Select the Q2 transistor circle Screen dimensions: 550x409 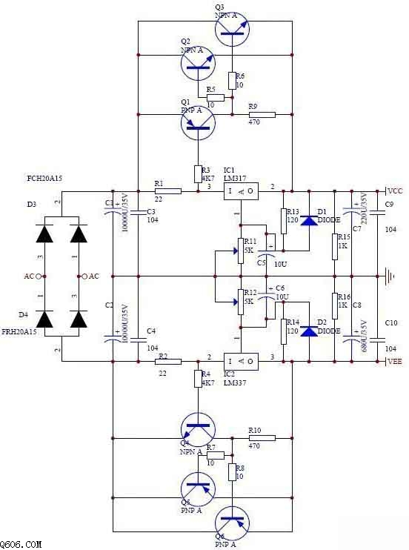pos(199,64)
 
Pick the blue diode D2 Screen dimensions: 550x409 pos(309,331)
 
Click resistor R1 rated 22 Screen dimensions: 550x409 pos(168,191)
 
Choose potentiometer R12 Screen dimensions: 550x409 pos(239,302)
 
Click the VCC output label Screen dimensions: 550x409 pos(395,190)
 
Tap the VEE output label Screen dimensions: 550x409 pos(395,361)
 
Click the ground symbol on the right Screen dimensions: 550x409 pos(390,279)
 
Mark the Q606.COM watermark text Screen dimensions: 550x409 pos(21,544)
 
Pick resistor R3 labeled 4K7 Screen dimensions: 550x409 pos(198,173)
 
